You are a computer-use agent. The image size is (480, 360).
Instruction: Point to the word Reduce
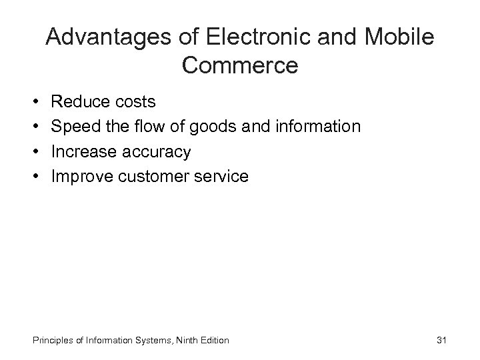(78, 102)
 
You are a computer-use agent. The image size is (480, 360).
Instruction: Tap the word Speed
(75, 127)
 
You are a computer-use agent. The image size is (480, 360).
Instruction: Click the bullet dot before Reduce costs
(34, 103)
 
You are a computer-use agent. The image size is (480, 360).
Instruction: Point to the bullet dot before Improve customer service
(34, 177)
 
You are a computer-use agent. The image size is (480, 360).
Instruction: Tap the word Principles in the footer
(51, 341)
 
